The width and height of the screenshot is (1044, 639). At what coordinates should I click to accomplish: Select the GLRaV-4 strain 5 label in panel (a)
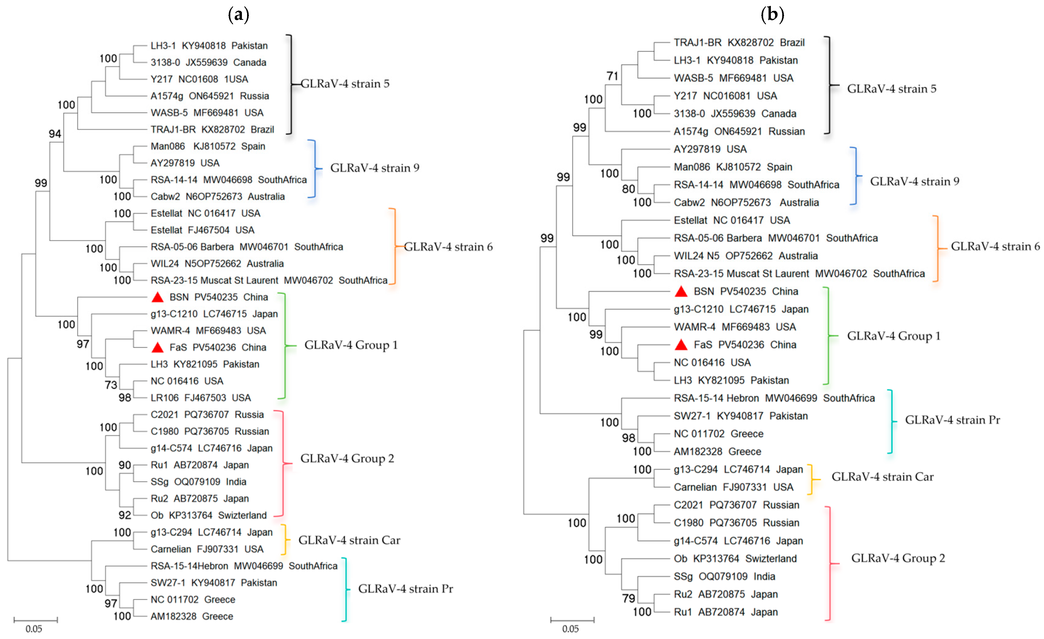[x=345, y=84]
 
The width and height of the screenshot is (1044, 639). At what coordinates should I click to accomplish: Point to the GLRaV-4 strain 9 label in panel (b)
[x=914, y=181]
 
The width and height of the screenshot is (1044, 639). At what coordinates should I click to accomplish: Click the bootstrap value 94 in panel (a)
[x=55, y=134]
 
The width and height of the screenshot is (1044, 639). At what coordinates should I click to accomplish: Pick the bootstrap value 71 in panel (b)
[x=612, y=76]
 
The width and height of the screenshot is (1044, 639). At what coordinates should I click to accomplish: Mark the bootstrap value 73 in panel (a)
[x=111, y=385]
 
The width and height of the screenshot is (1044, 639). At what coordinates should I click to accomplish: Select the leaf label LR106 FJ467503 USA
[x=200, y=398]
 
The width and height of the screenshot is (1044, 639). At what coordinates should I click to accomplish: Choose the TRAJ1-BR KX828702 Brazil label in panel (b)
[x=739, y=43]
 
